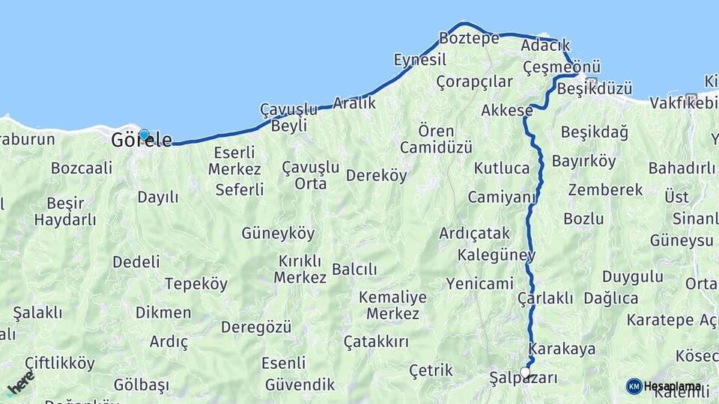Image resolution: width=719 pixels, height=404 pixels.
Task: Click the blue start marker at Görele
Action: click(x=144, y=136)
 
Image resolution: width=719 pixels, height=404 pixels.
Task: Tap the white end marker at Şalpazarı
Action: click(x=525, y=372)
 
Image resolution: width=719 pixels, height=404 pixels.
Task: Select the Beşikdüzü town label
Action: click(x=595, y=88)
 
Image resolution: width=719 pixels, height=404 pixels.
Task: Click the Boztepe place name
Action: click(x=469, y=38)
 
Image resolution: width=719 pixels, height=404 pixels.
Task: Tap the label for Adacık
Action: click(x=545, y=46)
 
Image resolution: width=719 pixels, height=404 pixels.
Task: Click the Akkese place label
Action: click(x=507, y=111)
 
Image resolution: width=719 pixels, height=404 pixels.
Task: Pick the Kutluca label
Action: click(x=502, y=168)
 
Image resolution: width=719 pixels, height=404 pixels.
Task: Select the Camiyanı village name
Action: click(x=503, y=198)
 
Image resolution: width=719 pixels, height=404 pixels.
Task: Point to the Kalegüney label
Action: click(x=497, y=255)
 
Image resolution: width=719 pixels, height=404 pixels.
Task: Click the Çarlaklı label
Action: click(x=545, y=299)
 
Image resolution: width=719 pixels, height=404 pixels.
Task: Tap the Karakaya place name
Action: click(x=562, y=349)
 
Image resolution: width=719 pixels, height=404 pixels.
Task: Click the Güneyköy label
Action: click(x=278, y=233)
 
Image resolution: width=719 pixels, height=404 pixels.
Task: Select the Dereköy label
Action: click(x=376, y=176)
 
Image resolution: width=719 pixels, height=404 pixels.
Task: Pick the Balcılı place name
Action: click(x=354, y=269)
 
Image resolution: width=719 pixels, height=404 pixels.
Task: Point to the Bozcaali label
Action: click(x=81, y=168)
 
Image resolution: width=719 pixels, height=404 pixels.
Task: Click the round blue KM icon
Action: click(x=634, y=386)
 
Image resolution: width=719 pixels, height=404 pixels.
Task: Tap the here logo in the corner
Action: click(x=20, y=382)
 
